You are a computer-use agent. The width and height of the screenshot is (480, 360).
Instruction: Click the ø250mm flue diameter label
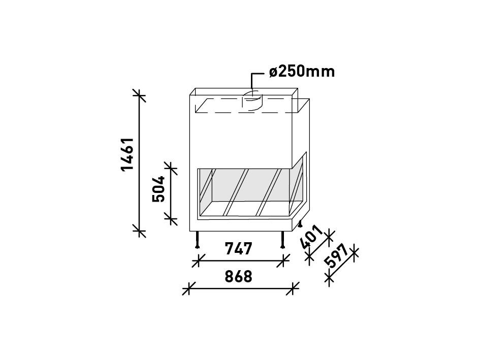coord(302,72)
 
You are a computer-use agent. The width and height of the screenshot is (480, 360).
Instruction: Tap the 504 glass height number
coord(158,189)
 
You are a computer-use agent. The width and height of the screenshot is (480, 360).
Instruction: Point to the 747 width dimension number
coord(238,249)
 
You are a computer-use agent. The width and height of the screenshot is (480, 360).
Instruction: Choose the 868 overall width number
coord(238,276)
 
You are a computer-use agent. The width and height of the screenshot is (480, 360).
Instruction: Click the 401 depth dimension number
coord(311,238)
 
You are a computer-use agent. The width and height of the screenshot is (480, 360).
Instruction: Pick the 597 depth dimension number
coord(336,256)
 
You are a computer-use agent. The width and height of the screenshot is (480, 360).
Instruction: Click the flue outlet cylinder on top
coord(252,101)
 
